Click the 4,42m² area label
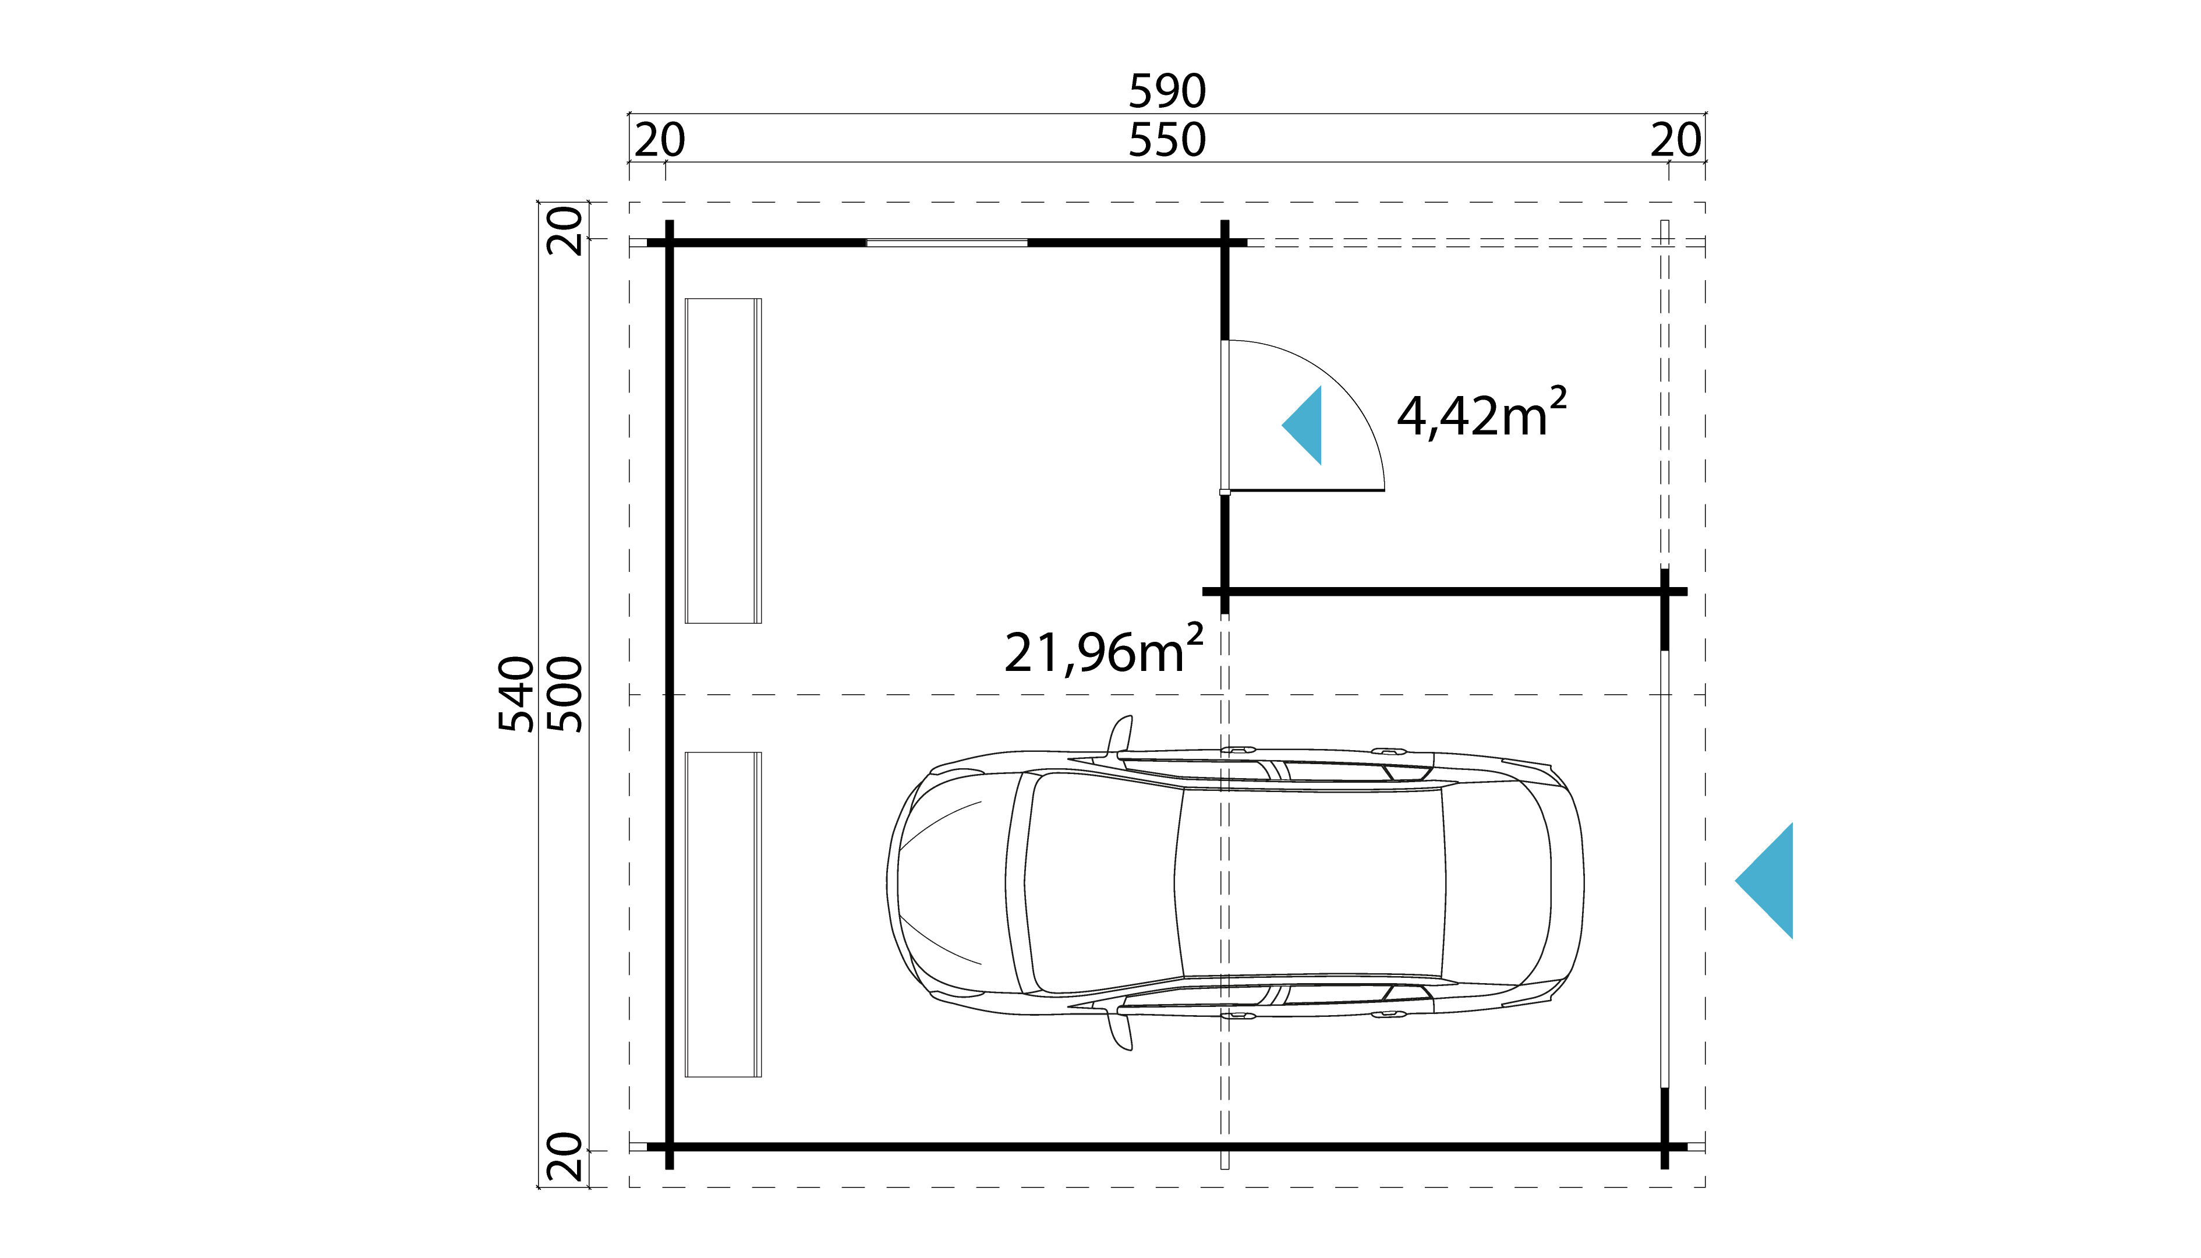(x=1481, y=414)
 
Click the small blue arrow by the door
(x=1304, y=425)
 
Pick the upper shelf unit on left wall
(x=723, y=461)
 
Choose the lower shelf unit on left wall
(x=723, y=914)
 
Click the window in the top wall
(x=947, y=243)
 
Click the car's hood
(x=950, y=881)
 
